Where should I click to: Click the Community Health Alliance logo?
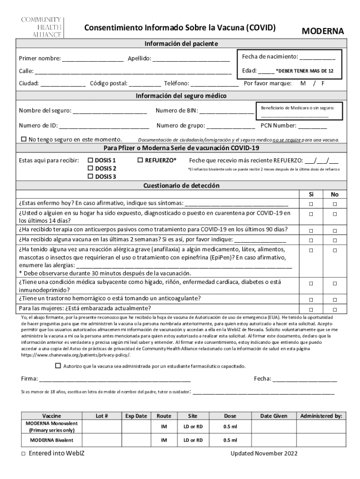[40, 27]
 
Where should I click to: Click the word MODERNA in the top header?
[322, 31]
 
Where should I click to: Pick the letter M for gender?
[303, 83]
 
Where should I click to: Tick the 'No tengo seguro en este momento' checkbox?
[24, 139]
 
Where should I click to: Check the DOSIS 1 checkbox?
[91, 160]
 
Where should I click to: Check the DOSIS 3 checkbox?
[91, 176]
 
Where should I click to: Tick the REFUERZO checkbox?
[141, 160]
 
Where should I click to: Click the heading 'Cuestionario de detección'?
[181, 186]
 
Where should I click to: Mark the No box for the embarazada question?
[334, 310]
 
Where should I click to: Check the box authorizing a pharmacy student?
[58, 366]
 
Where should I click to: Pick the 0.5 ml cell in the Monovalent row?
[230, 427]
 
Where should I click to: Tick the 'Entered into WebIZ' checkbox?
[23, 454]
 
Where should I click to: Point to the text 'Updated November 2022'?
[264, 454]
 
